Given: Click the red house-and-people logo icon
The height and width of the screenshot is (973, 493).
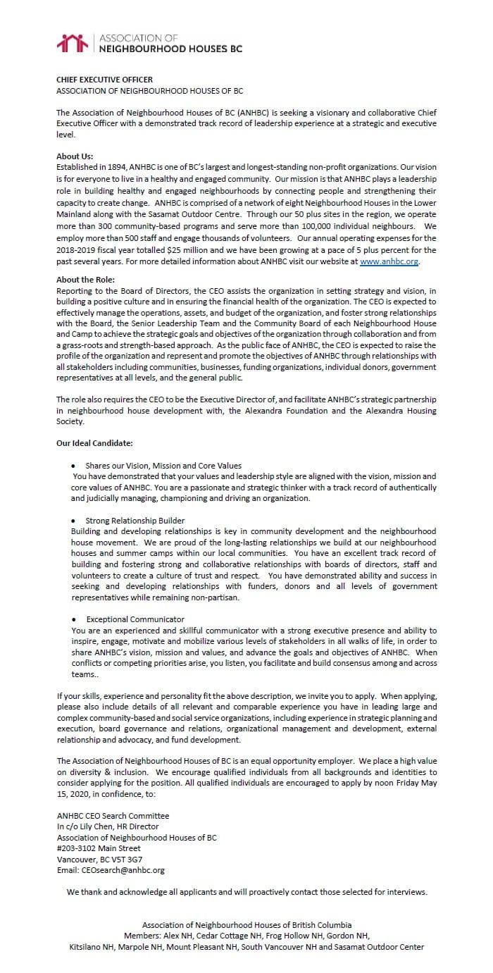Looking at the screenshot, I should [x=73, y=43].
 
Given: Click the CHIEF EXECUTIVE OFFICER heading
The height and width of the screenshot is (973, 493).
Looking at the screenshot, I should [x=104, y=80].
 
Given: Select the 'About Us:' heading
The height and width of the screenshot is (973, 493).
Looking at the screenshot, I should [x=75, y=156].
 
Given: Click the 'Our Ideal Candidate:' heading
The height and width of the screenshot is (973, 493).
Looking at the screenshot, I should [x=95, y=443].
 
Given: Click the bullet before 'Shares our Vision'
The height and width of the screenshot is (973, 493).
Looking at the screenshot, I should [x=74, y=466].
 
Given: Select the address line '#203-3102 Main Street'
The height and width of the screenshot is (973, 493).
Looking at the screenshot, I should [x=99, y=848].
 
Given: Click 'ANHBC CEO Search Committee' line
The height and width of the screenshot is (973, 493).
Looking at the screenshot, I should [x=113, y=816].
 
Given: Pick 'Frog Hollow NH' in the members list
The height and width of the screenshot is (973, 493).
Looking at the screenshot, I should [x=298, y=936].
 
